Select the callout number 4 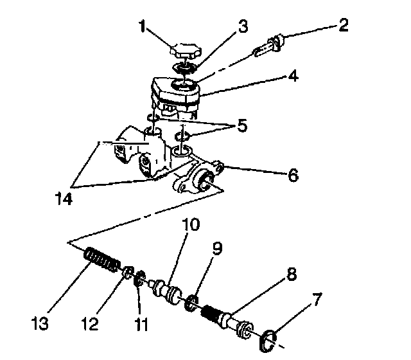(293, 76)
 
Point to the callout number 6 (293, 175)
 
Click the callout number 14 (64, 199)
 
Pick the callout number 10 (191, 224)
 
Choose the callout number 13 (40, 323)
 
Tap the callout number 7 (317, 300)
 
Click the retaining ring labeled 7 (267, 341)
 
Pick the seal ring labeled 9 (191, 303)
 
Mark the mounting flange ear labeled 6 (218, 167)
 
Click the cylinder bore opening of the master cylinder (205, 181)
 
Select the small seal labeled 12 (128, 273)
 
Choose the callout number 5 (242, 126)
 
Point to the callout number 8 (291, 274)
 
